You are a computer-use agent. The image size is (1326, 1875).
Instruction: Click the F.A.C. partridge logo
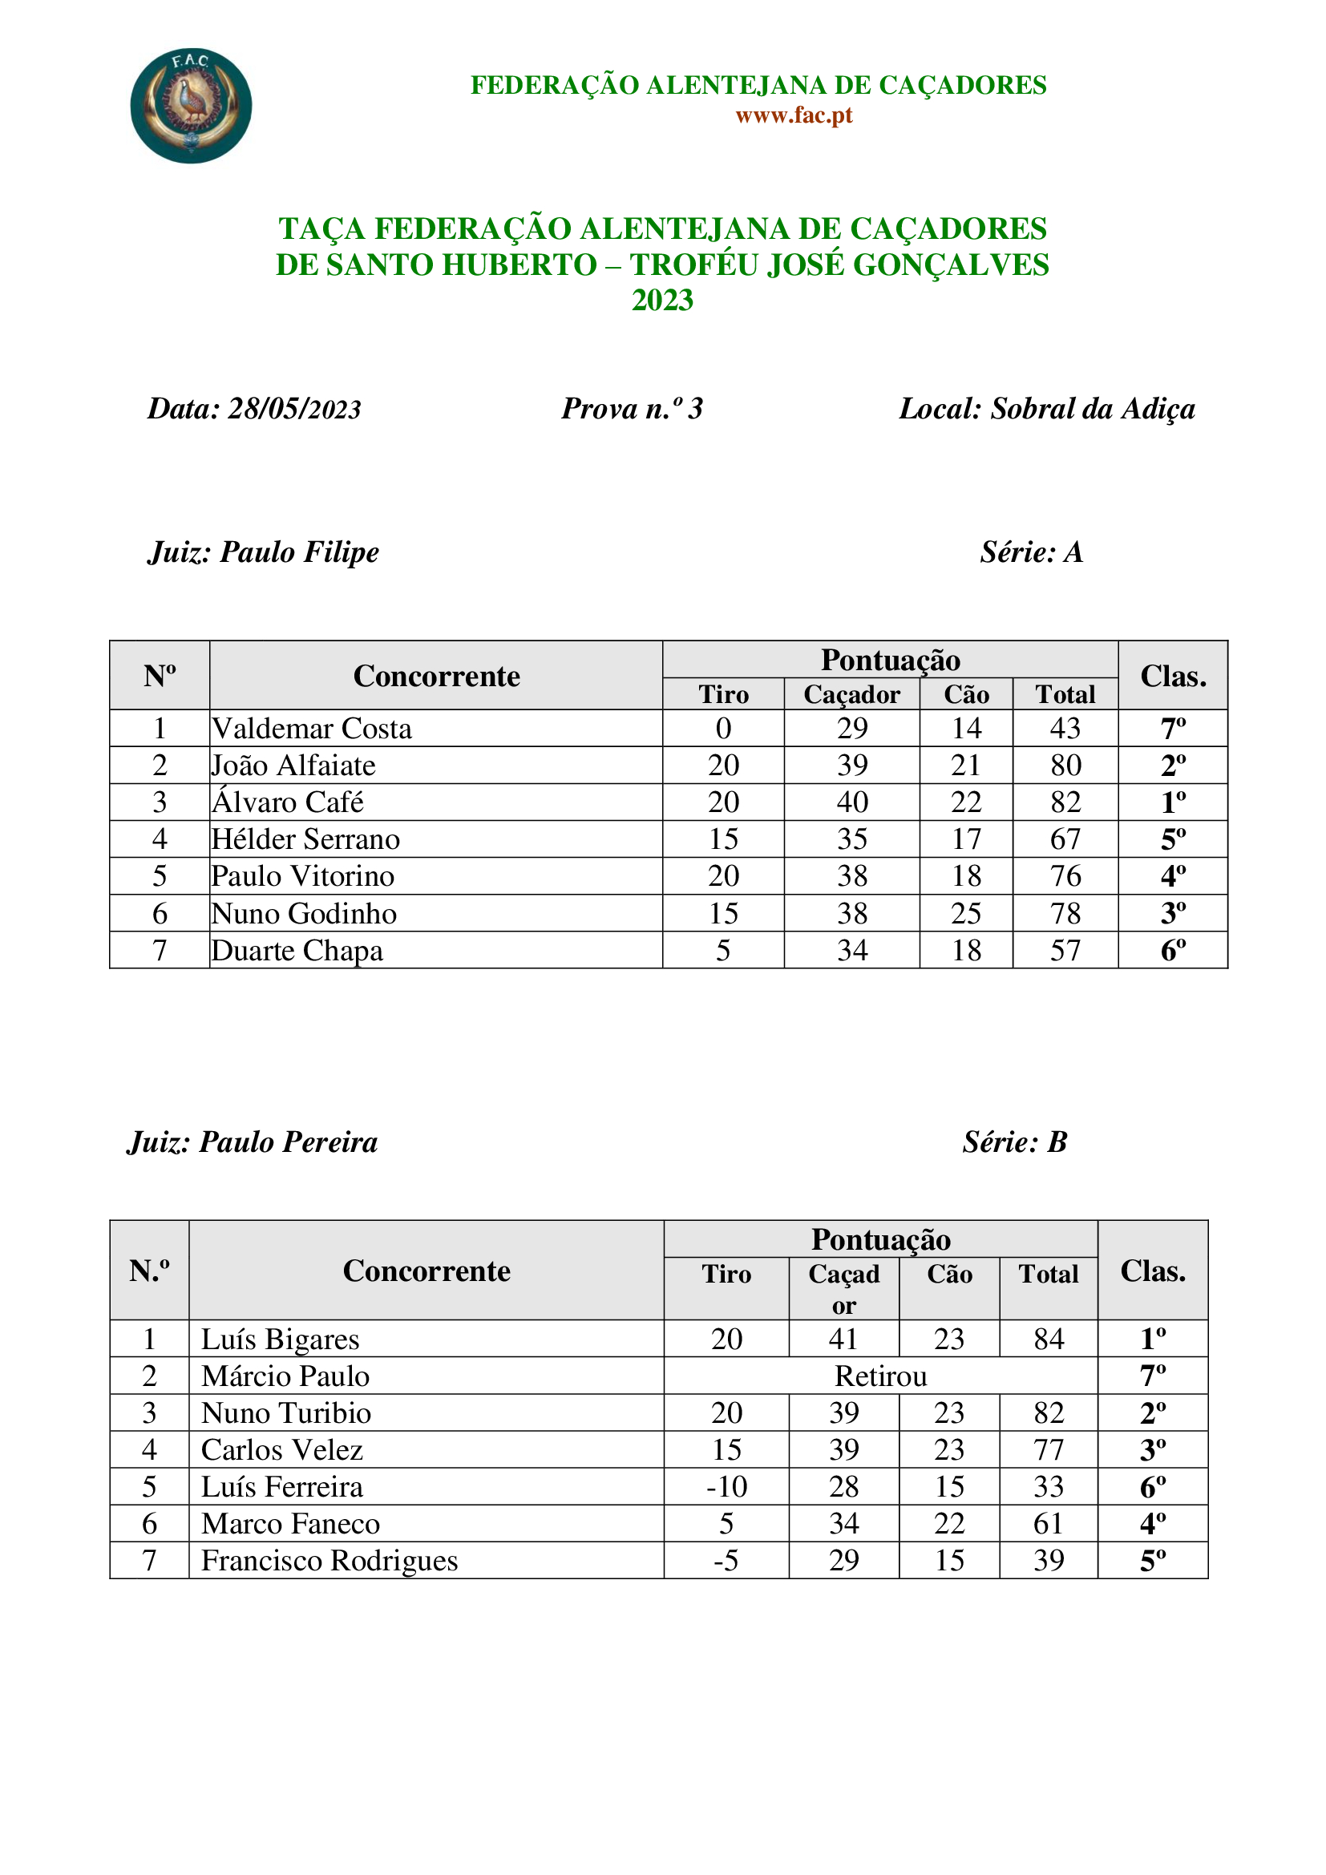point(191,105)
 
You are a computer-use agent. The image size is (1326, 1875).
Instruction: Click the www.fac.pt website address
point(794,115)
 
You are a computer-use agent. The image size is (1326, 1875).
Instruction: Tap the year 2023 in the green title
point(662,301)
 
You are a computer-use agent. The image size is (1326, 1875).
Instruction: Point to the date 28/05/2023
point(294,409)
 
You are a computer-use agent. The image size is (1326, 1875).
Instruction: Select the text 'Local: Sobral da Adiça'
point(1047,409)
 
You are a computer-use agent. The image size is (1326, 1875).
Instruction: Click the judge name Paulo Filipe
point(299,553)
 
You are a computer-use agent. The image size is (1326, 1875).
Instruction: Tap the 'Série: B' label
point(1014,1142)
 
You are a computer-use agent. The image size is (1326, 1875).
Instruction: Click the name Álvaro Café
point(288,802)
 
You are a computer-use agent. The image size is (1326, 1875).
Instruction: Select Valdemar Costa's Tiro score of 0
point(722,729)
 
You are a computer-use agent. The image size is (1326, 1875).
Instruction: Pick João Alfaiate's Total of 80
point(1065,766)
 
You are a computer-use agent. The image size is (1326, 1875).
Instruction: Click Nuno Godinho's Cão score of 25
point(965,914)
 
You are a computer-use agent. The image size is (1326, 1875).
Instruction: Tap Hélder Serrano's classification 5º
point(1173,839)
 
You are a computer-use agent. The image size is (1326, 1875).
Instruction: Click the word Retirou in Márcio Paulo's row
point(880,1377)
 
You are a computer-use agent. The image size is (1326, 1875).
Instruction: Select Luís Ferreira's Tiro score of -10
point(726,1487)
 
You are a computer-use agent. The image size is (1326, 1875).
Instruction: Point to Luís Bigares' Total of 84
point(1049,1340)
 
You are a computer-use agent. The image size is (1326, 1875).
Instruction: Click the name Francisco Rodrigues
point(329,1561)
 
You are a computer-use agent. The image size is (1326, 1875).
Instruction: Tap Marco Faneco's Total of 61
point(1049,1524)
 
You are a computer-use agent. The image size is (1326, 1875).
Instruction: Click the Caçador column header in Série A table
point(851,695)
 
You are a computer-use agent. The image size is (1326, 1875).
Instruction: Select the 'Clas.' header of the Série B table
point(1152,1271)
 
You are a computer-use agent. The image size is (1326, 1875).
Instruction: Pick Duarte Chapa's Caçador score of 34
point(851,951)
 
